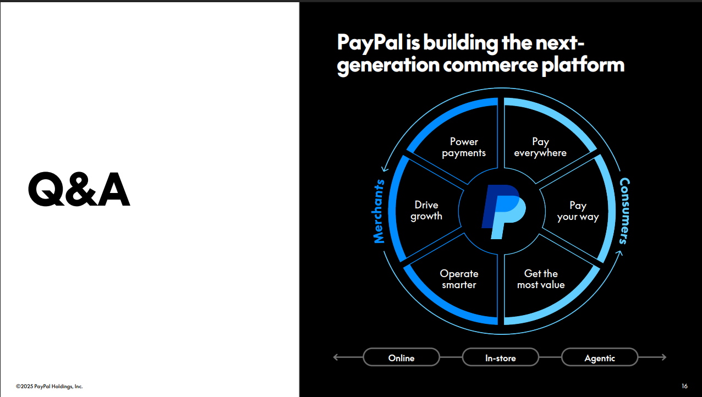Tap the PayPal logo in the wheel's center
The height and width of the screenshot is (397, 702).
coord(503,211)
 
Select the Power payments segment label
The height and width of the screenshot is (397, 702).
coord(464,147)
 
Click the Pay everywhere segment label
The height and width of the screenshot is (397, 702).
coord(540,147)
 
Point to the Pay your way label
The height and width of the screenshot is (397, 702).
coord(578,211)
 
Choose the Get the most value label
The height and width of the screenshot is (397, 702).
coord(541,279)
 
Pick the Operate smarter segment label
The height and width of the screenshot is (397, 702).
coord(459,279)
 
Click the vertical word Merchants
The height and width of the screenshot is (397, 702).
coord(379,211)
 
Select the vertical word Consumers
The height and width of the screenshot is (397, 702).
coord(624,211)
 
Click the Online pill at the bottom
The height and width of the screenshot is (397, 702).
coord(401,358)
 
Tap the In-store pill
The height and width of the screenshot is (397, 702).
coord(501,358)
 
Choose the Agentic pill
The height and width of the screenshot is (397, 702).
coord(600,358)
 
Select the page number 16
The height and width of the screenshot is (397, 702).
coord(684,386)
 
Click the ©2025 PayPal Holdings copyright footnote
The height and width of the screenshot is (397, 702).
coord(50,387)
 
